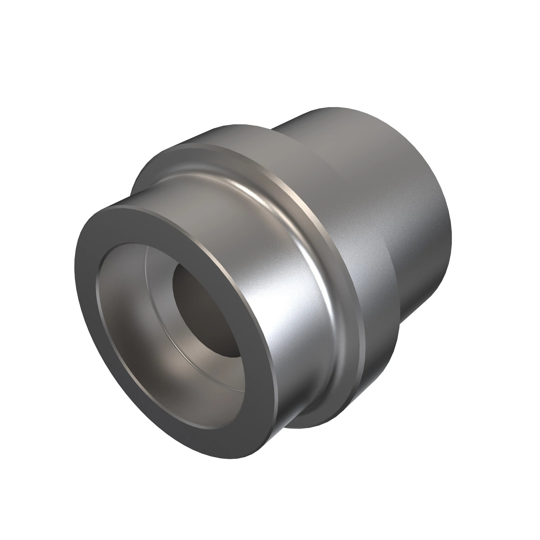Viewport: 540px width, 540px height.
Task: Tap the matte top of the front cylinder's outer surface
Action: [x=196, y=201]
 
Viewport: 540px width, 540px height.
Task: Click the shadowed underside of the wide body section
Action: [x=372, y=372]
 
